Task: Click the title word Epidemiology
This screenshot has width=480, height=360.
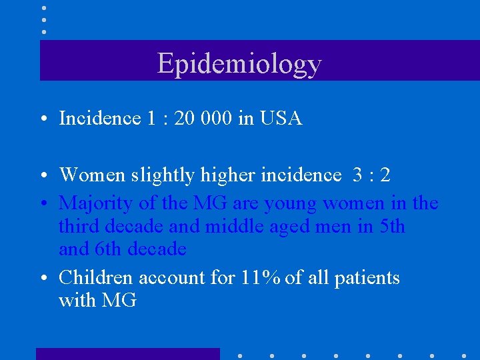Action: tap(239, 64)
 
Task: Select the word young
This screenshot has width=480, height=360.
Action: tap(291, 203)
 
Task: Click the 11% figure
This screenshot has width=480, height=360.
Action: tap(261, 277)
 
